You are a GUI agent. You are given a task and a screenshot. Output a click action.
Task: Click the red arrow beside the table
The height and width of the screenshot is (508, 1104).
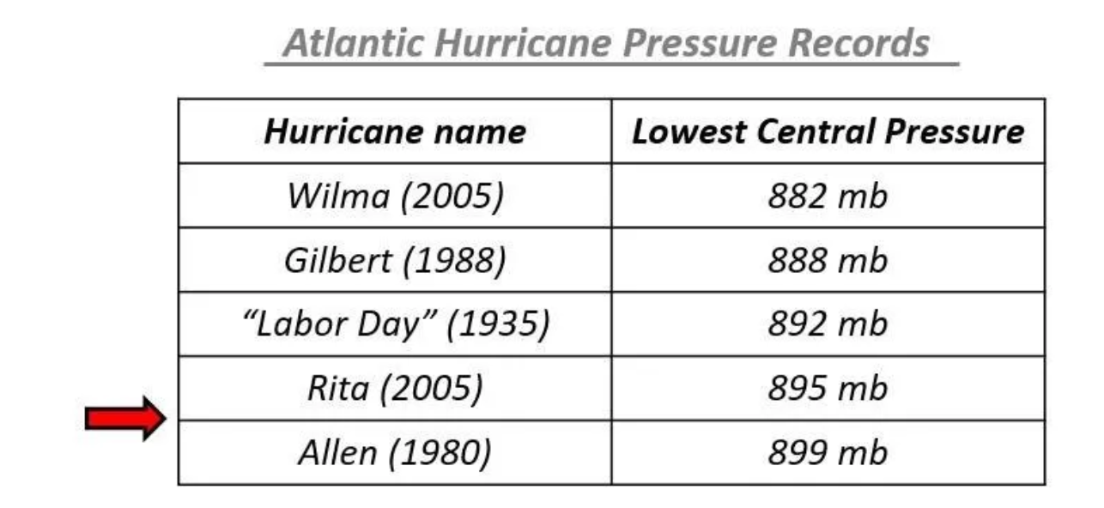pyautogui.click(x=125, y=418)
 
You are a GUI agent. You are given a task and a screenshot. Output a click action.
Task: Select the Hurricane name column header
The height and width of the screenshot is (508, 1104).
pyautogui.click(x=395, y=132)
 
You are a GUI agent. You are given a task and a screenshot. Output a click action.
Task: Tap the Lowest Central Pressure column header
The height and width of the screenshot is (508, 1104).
pyautogui.click(x=828, y=132)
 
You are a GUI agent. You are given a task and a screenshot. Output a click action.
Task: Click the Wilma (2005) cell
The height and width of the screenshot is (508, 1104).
pyautogui.click(x=395, y=197)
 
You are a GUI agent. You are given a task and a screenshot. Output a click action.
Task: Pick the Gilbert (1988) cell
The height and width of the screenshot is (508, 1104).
pyautogui.click(x=395, y=261)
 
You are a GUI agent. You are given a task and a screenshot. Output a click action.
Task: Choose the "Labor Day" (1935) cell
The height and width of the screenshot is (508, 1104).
pyautogui.click(x=396, y=324)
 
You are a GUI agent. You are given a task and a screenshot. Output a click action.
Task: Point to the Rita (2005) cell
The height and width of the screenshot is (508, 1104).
pyautogui.click(x=395, y=389)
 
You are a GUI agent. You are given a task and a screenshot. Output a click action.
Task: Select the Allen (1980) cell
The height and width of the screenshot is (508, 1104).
pyautogui.click(x=395, y=453)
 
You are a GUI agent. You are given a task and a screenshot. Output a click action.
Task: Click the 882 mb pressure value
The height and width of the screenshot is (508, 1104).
pyautogui.click(x=828, y=197)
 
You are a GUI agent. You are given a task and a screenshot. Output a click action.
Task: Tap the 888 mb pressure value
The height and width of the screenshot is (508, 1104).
pyautogui.click(x=828, y=260)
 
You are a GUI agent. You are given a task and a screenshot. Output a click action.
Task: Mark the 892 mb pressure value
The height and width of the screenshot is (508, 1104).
pyautogui.click(x=828, y=324)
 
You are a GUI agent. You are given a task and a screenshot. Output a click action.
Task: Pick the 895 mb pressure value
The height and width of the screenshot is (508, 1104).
pyautogui.click(x=828, y=388)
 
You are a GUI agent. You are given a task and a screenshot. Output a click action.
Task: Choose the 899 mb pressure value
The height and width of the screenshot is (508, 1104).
pyautogui.click(x=828, y=452)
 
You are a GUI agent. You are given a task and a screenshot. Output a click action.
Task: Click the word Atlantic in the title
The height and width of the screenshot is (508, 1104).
pyautogui.click(x=353, y=44)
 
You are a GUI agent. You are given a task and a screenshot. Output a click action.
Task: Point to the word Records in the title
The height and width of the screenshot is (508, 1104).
pyautogui.click(x=859, y=44)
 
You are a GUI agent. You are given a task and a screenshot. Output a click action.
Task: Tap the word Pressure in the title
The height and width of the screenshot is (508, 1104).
pyautogui.click(x=701, y=44)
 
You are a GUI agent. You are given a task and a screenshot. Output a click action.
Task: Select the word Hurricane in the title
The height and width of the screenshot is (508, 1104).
pyautogui.click(x=524, y=44)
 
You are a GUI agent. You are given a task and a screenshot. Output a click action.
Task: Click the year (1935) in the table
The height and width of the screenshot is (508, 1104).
pyautogui.click(x=498, y=324)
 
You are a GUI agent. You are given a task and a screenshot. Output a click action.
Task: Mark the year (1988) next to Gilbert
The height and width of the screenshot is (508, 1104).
pyautogui.click(x=455, y=261)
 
